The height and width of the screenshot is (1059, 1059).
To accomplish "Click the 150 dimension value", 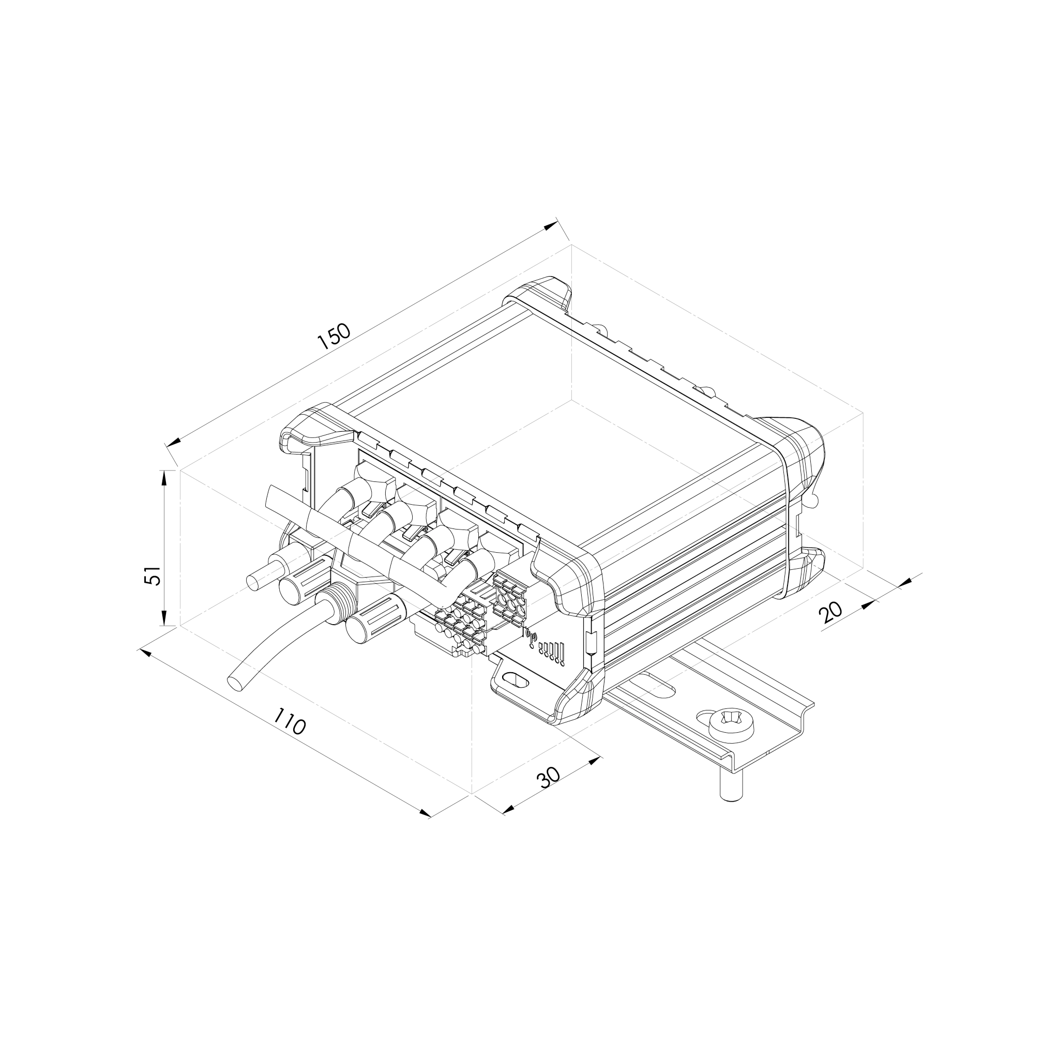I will (x=334, y=337).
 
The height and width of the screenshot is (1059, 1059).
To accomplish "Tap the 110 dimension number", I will (x=289, y=721).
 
